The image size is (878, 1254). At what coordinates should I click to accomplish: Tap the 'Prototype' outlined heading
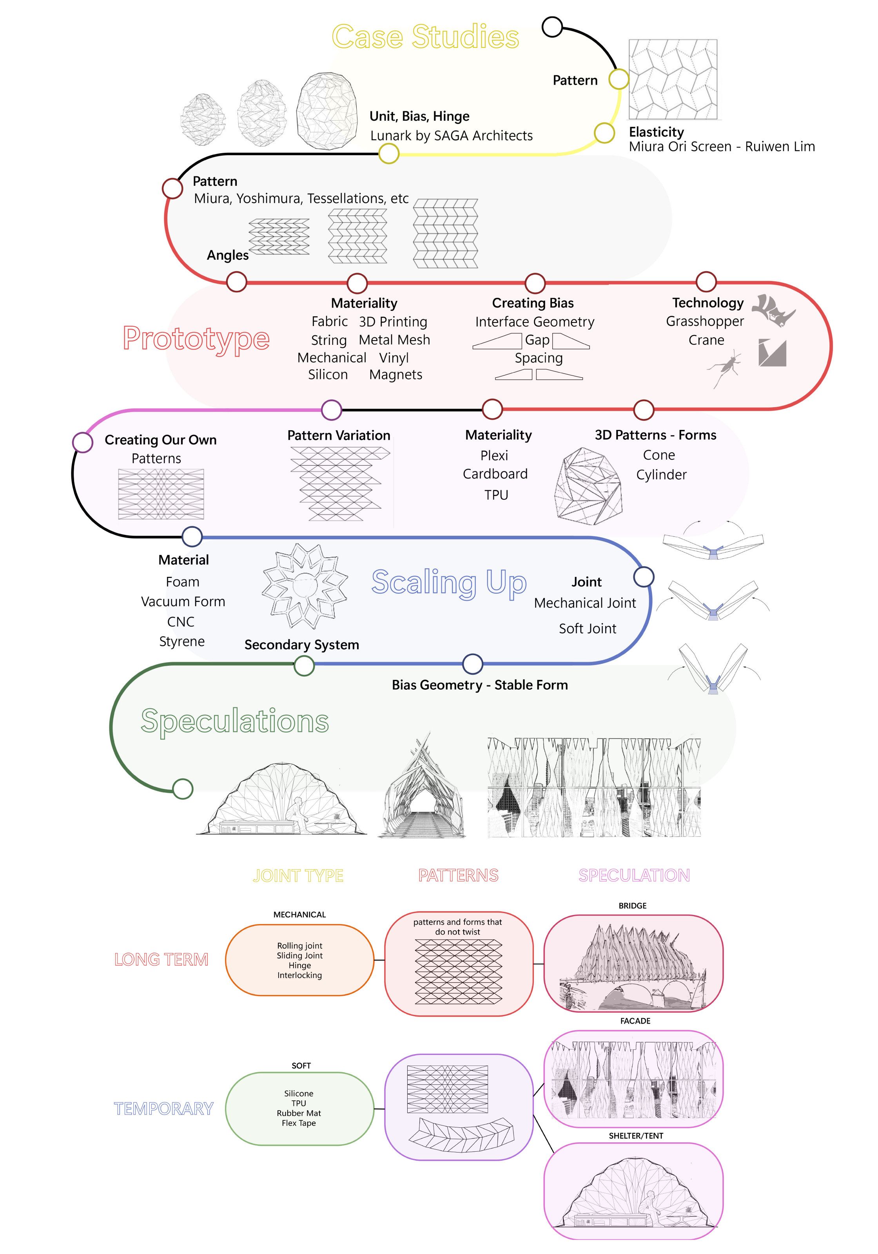(x=196, y=339)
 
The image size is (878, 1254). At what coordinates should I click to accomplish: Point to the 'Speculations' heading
(x=235, y=721)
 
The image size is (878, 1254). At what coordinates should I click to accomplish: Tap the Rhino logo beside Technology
(x=773, y=311)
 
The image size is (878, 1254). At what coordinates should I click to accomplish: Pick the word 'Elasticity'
(x=656, y=132)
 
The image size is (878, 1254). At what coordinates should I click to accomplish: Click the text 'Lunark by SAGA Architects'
(x=451, y=136)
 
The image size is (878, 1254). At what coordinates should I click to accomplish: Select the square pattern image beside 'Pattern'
(x=673, y=79)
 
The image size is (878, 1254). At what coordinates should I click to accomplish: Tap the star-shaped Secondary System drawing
(x=304, y=586)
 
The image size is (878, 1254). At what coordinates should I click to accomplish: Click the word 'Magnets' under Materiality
(x=395, y=375)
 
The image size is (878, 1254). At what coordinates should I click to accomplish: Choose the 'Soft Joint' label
(x=587, y=629)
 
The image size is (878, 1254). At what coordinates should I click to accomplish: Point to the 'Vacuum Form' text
(x=183, y=601)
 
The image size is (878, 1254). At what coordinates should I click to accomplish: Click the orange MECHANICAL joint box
(x=299, y=960)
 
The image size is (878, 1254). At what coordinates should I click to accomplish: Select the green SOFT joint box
(x=299, y=1108)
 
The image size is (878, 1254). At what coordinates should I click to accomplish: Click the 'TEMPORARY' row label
(x=163, y=1109)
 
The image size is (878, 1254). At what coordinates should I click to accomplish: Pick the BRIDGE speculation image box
(x=633, y=963)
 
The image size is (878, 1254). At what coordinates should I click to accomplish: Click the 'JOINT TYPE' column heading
(x=298, y=875)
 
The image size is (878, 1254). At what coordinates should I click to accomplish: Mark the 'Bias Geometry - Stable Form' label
(x=480, y=685)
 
